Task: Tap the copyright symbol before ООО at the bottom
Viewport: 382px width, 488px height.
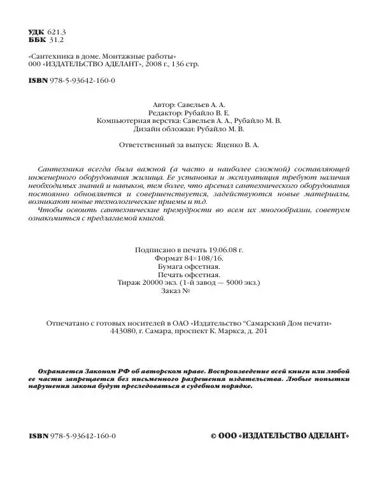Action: click(215, 436)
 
